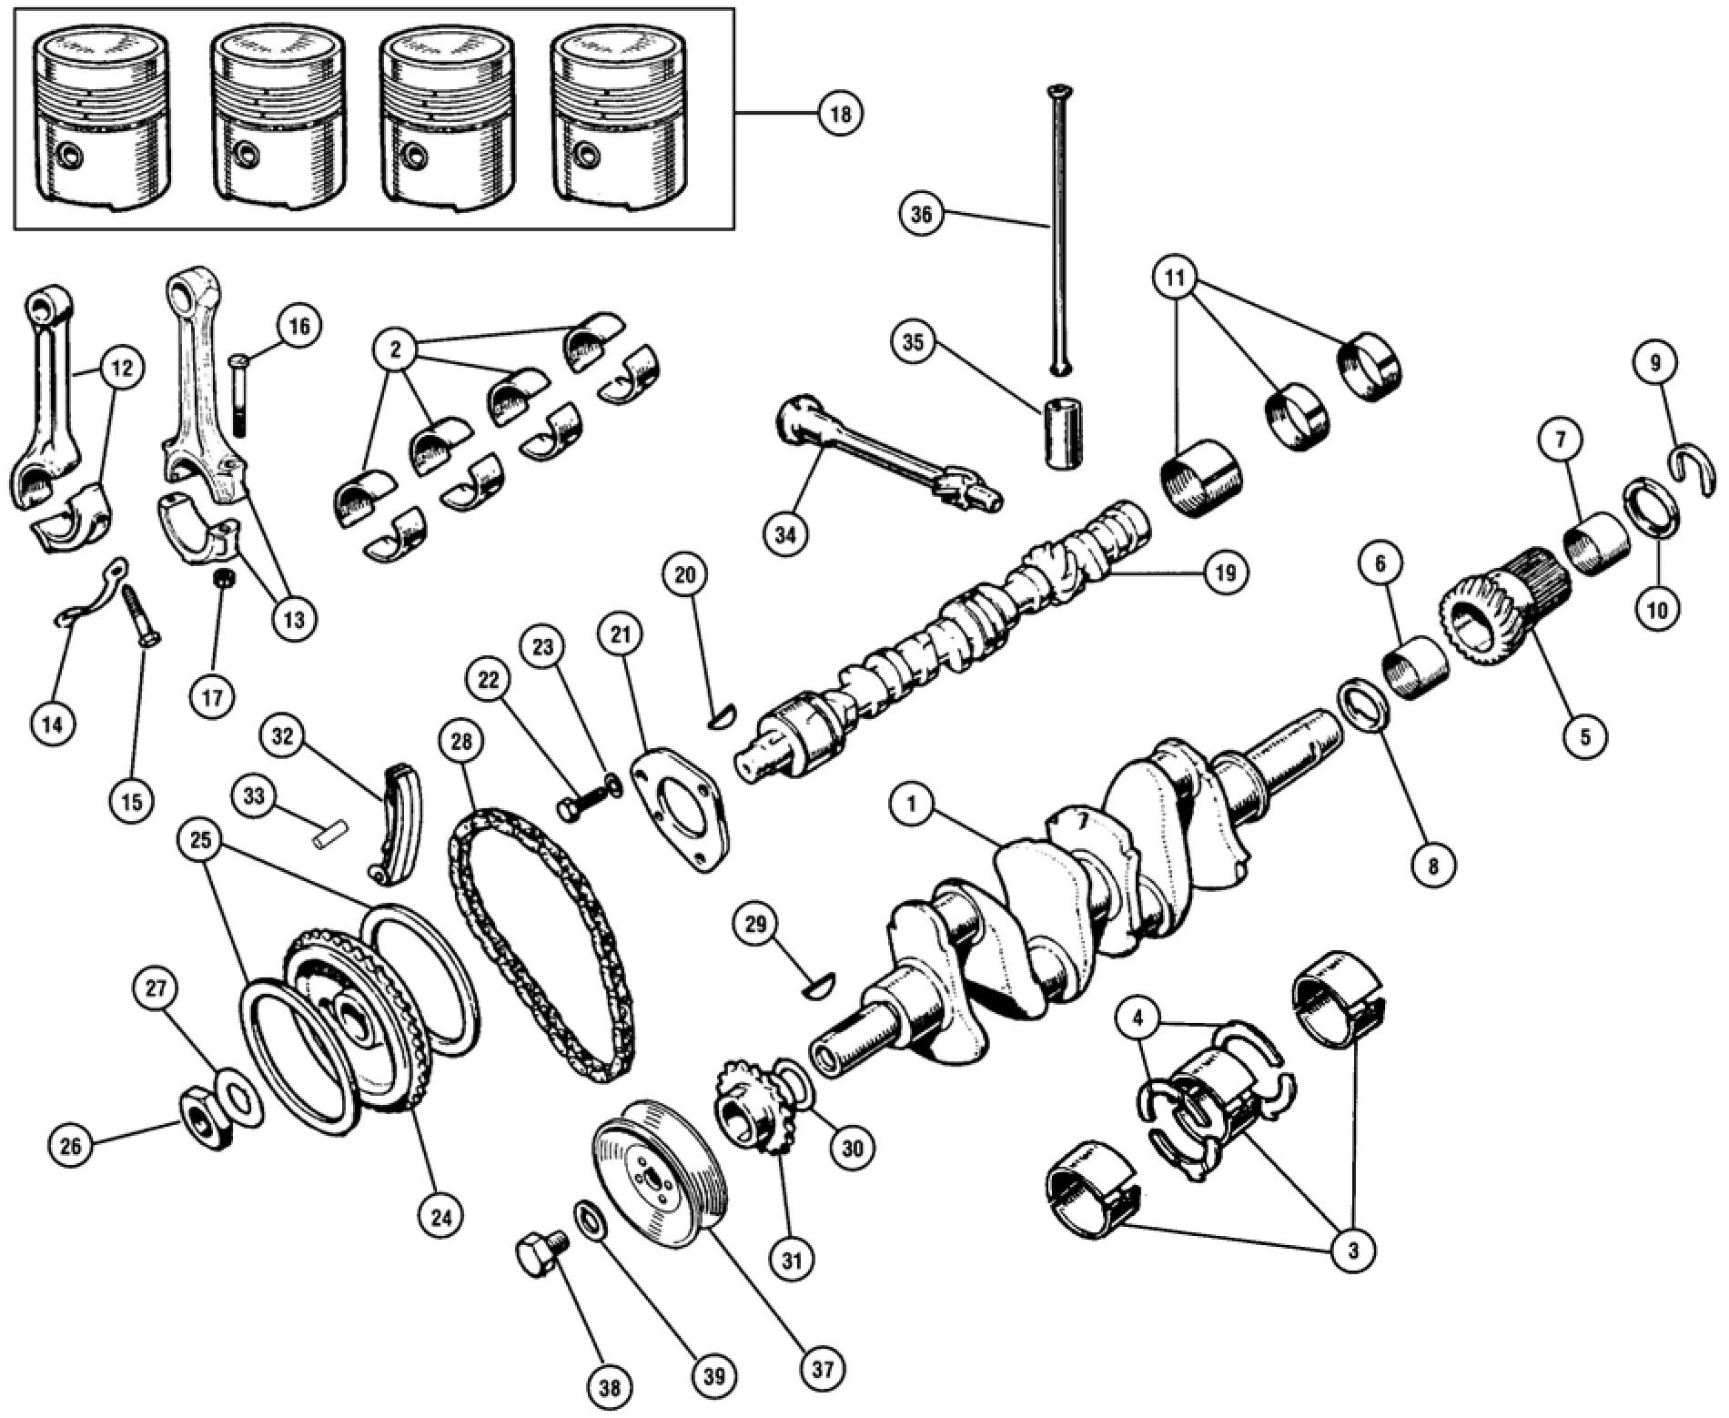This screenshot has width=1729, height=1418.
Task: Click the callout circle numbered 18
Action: click(x=839, y=115)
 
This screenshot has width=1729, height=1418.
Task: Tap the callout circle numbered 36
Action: click(x=921, y=215)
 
